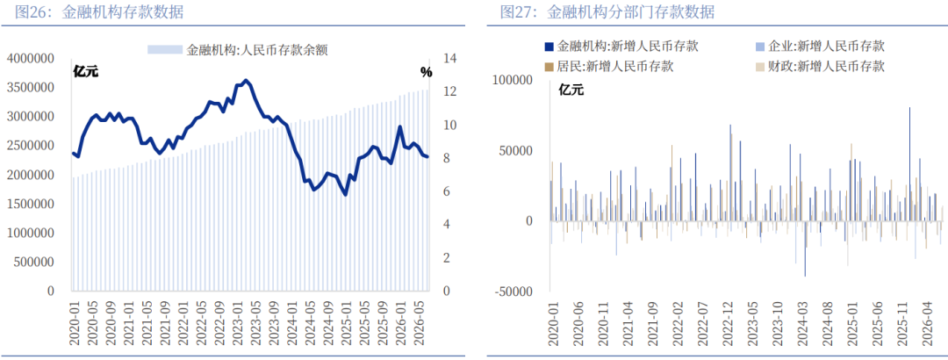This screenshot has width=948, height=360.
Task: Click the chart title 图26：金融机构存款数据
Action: tap(99, 12)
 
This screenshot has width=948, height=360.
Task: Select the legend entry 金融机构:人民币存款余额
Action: tap(238, 50)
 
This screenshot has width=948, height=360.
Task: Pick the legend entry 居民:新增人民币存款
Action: tap(609, 66)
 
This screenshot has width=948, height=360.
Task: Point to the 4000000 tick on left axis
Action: tap(30, 58)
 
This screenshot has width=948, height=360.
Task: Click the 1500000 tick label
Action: tap(30, 204)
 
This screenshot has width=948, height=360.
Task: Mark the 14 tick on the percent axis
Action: tap(449, 58)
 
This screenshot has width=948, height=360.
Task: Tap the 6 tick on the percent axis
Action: tap(446, 191)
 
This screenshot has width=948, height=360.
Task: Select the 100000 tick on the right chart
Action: tap(513, 80)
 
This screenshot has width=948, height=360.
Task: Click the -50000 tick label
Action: tap(513, 291)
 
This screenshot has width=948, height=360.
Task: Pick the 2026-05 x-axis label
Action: tap(421, 323)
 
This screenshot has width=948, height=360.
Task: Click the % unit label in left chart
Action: tap(427, 73)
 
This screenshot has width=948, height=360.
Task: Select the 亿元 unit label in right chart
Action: tap(571, 90)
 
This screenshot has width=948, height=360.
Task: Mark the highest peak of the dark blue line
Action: tap(245, 80)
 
